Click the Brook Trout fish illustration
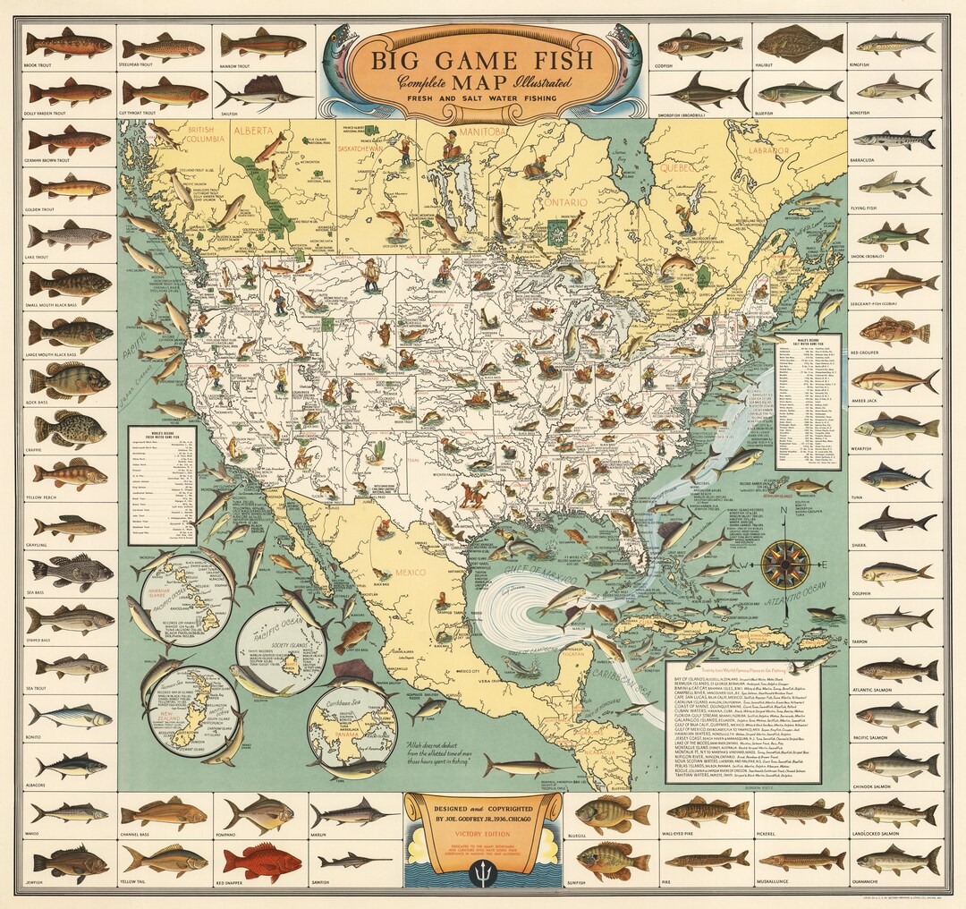coord(69,43)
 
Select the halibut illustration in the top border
coord(800,43)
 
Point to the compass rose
coord(785,564)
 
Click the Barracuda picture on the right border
coord(895,140)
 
